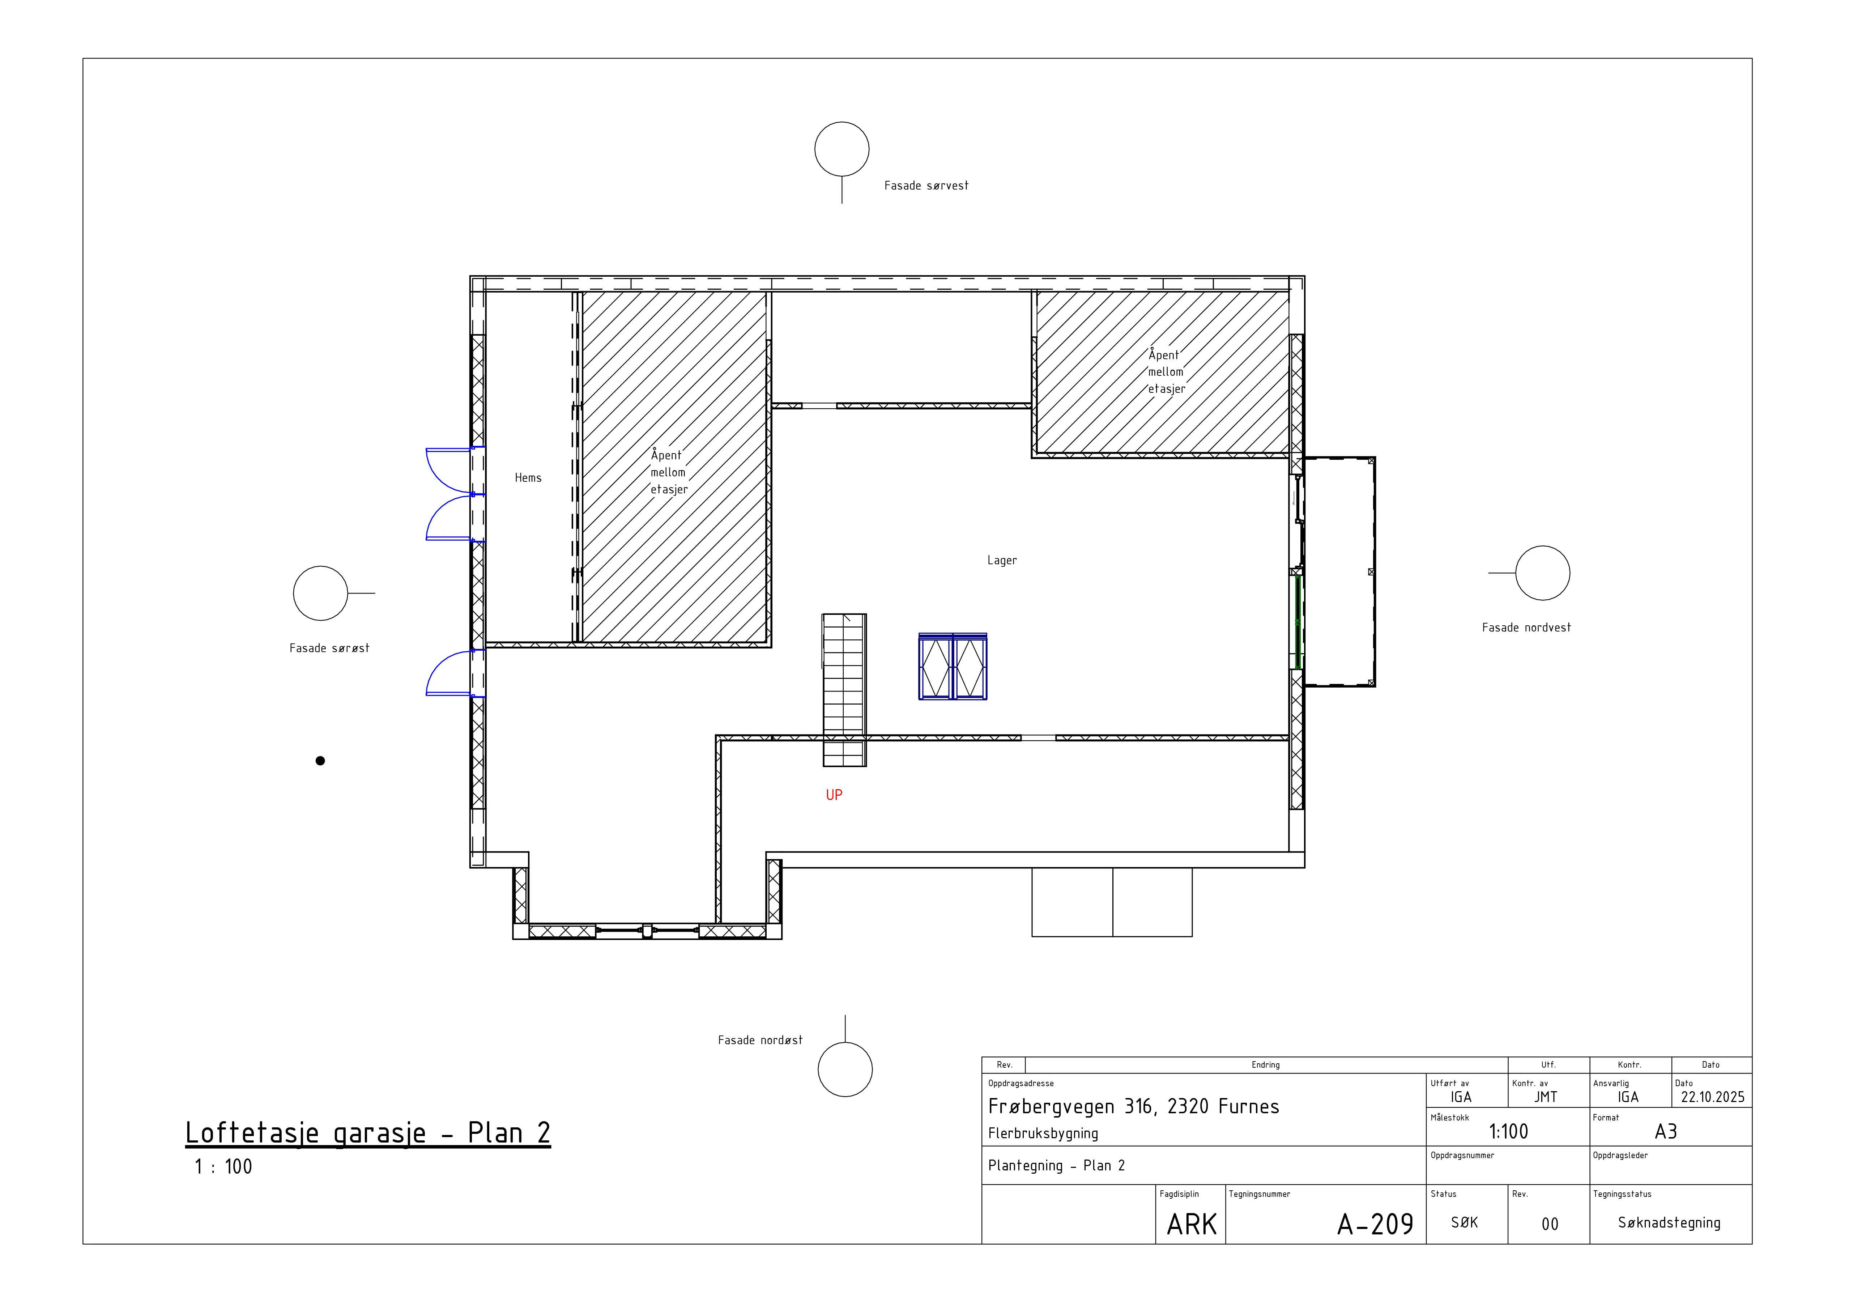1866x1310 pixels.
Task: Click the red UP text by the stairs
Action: click(834, 795)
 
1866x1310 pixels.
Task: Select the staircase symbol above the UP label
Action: click(844, 690)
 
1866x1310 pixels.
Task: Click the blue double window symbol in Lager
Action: click(953, 666)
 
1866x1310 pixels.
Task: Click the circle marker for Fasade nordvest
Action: click(1543, 573)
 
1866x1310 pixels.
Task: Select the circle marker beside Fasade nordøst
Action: click(845, 1069)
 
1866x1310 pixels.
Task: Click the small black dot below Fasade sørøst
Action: click(320, 761)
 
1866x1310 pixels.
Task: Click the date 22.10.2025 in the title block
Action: click(1712, 1097)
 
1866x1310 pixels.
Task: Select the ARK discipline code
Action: click(1192, 1224)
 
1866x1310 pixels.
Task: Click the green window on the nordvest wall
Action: click(1298, 621)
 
